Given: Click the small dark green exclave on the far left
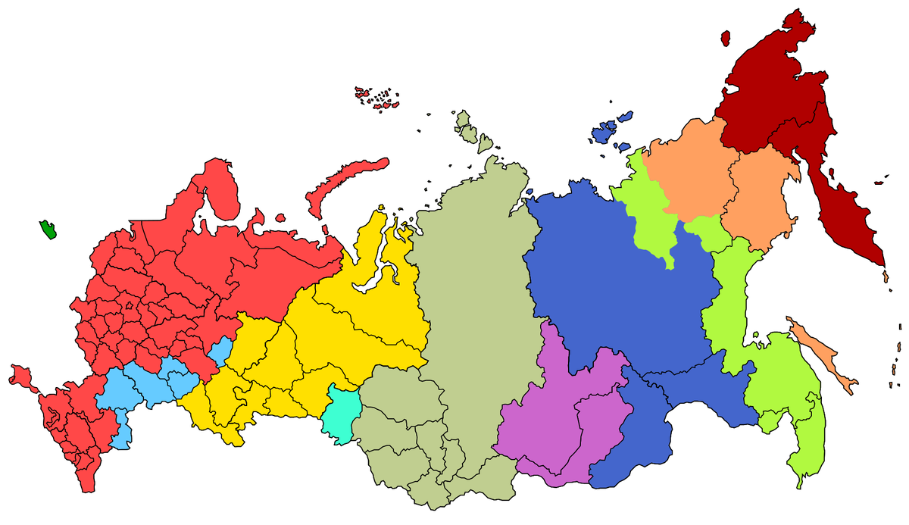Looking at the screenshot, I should coord(48,230).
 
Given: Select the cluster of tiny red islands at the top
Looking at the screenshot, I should coord(376,98).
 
